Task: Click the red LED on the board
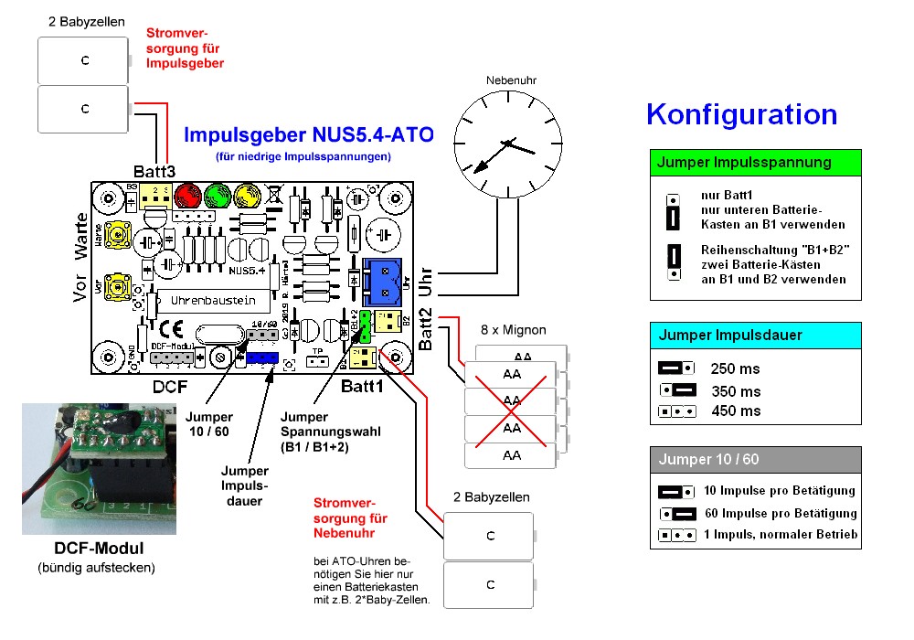point(188,196)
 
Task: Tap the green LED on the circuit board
point(218,196)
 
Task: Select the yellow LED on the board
point(246,196)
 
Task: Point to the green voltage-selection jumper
point(365,321)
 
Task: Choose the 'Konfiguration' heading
point(741,114)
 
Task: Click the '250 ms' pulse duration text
point(735,368)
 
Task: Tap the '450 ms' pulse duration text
point(735,411)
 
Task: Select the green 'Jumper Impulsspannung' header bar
point(755,162)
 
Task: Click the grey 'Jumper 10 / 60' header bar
point(755,459)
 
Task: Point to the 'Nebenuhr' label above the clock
point(511,80)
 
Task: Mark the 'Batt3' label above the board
point(154,171)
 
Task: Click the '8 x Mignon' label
point(513,329)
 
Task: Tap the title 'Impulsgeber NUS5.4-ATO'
point(309,135)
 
